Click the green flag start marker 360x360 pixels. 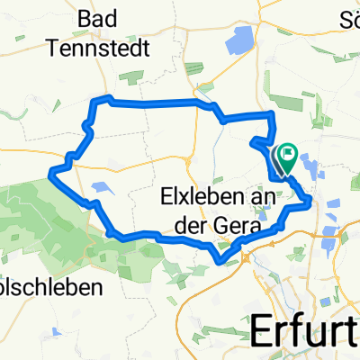tap(287, 157)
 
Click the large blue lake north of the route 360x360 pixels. tap(241, 40)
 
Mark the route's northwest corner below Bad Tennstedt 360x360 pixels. tap(107, 96)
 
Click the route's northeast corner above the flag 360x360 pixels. tap(271, 113)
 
